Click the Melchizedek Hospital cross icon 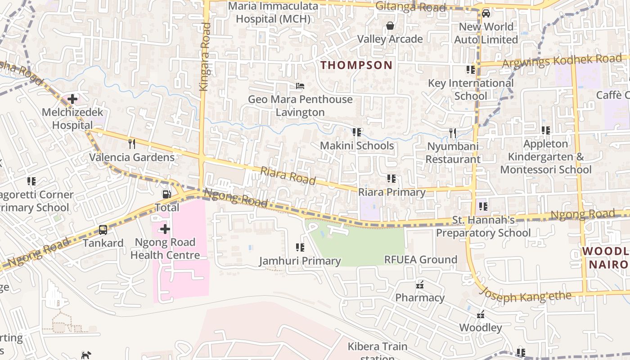[x=72, y=99]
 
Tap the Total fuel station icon [x=166, y=194]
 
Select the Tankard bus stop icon [x=103, y=230]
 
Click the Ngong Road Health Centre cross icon [x=165, y=229]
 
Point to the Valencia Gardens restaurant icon [x=132, y=144]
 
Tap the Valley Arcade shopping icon [x=390, y=26]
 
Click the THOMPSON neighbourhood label [x=356, y=65]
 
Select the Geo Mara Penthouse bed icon [x=300, y=86]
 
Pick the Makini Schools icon [x=357, y=132]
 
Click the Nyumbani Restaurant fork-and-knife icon [x=453, y=133]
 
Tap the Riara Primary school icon [x=391, y=179]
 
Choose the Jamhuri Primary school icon [x=300, y=247]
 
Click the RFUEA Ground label [x=420, y=260]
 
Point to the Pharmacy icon [x=420, y=285]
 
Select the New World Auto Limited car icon [x=486, y=13]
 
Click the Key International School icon [x=471, y=70]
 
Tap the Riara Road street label [x=288, y=175]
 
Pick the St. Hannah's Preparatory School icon [x=483, y=207]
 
